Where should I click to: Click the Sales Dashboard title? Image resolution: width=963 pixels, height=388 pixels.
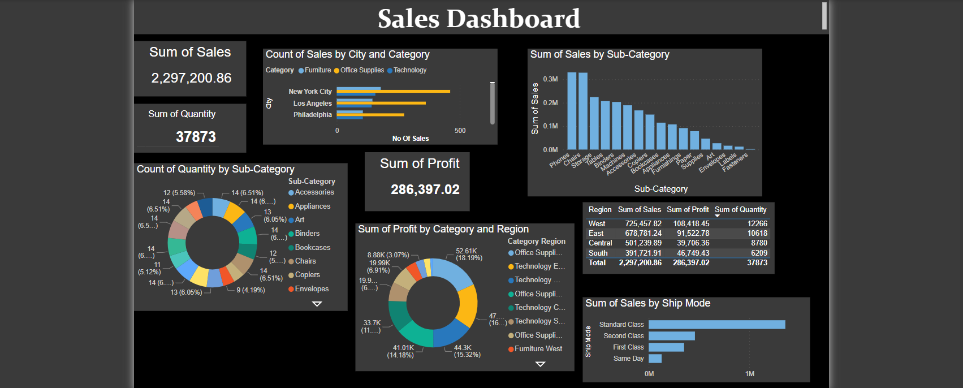point(478,19)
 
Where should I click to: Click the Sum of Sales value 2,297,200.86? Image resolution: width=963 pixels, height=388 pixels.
point(191,78)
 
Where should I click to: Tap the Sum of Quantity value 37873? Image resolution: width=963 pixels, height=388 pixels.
point(196,137)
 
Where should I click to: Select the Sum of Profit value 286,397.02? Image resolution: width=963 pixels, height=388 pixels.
point(425,189)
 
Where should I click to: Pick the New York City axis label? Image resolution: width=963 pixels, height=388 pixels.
point(310,92)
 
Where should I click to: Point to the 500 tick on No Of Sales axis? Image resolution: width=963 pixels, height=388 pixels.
point(460,131)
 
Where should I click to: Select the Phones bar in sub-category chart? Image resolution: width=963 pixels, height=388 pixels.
point(572,110)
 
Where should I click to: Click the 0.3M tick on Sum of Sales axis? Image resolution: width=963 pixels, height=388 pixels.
point(550,79)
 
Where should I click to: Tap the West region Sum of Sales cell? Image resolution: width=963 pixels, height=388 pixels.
point(643,224)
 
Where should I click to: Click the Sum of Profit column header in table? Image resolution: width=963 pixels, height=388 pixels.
point(688,210)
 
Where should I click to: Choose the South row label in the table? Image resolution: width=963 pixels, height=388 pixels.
point(598,253)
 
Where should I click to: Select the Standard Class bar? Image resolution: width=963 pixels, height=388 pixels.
point(716,325)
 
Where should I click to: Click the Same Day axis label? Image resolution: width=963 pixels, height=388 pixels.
point(628,359)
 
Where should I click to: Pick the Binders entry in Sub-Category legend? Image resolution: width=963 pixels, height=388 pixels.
point(307,234)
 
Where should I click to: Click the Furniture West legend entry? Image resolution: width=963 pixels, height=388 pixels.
point(538,349)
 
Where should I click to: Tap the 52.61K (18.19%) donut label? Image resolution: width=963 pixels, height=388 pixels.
point(469,254)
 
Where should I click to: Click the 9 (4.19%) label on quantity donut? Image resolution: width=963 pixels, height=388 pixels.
point(251,290)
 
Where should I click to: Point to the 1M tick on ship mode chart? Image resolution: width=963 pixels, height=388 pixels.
point(750,374)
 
